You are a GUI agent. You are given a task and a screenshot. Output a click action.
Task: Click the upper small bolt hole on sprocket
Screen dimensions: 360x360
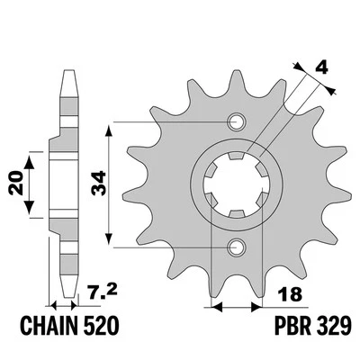click(238, 121)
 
